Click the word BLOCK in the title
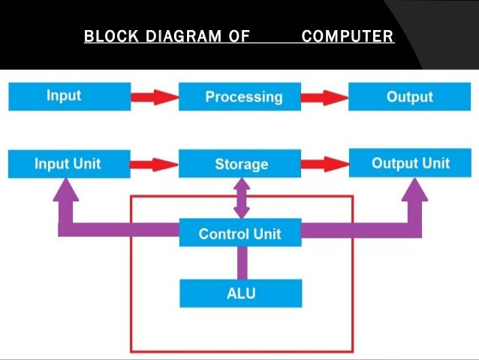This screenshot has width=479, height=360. [111, 36]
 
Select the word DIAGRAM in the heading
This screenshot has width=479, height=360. [184, 36]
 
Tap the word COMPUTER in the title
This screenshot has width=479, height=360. [348, 36]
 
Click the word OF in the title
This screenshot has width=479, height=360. [239, 36]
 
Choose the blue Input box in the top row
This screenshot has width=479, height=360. [70, 96]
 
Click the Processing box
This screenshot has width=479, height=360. [239, 96]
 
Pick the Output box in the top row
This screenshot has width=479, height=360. [410, 96]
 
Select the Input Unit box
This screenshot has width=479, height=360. [69, 164]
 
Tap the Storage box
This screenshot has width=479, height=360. [239, 163]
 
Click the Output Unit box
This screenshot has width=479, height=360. [410, 163]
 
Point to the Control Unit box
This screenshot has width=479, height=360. [240, 232]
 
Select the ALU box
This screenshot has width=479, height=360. [241, 293]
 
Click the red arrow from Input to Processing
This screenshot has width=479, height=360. [155, 97]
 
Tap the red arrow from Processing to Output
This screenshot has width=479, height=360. [325, 98]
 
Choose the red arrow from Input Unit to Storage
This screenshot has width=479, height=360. [154, 165]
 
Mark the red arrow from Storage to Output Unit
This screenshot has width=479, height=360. [325, 165]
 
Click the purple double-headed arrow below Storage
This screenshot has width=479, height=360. [242, 198]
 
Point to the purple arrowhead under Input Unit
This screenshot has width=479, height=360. [66, 189]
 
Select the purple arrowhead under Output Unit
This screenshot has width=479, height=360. [414, 189]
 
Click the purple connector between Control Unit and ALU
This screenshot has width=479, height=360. [243, 263]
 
